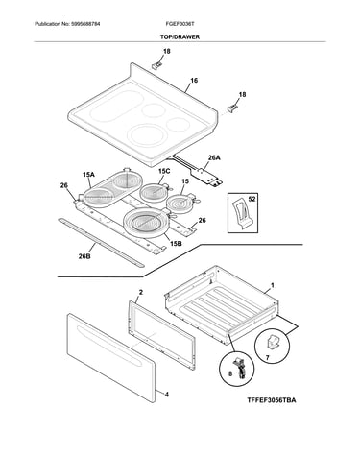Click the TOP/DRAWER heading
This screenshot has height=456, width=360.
(x=180, y=37)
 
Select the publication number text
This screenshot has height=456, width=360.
(x=67, y=24)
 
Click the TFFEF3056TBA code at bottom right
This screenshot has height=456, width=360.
(x=272, y=400)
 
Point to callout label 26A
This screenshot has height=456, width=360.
(x=214, y=157)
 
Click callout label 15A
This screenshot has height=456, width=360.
(x=88, y=175)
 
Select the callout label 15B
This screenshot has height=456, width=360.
(x=176, y=244)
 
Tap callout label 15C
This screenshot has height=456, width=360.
(x=164, y=171)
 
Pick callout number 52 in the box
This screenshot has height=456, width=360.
(x=252, y=199)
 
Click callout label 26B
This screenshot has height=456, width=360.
(x=84, y=256)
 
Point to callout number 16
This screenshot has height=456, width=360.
(x=194, y=81)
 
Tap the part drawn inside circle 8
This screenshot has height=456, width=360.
(x=238, y=368)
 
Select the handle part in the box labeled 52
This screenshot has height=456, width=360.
(x=242, y=214)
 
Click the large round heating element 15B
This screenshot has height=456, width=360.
(x=146, y=223)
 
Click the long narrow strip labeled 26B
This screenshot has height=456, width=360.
(x=101, y=242)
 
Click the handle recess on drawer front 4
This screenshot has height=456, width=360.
(x=108, y=345)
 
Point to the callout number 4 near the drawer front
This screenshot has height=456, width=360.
(x=167, y=395)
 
